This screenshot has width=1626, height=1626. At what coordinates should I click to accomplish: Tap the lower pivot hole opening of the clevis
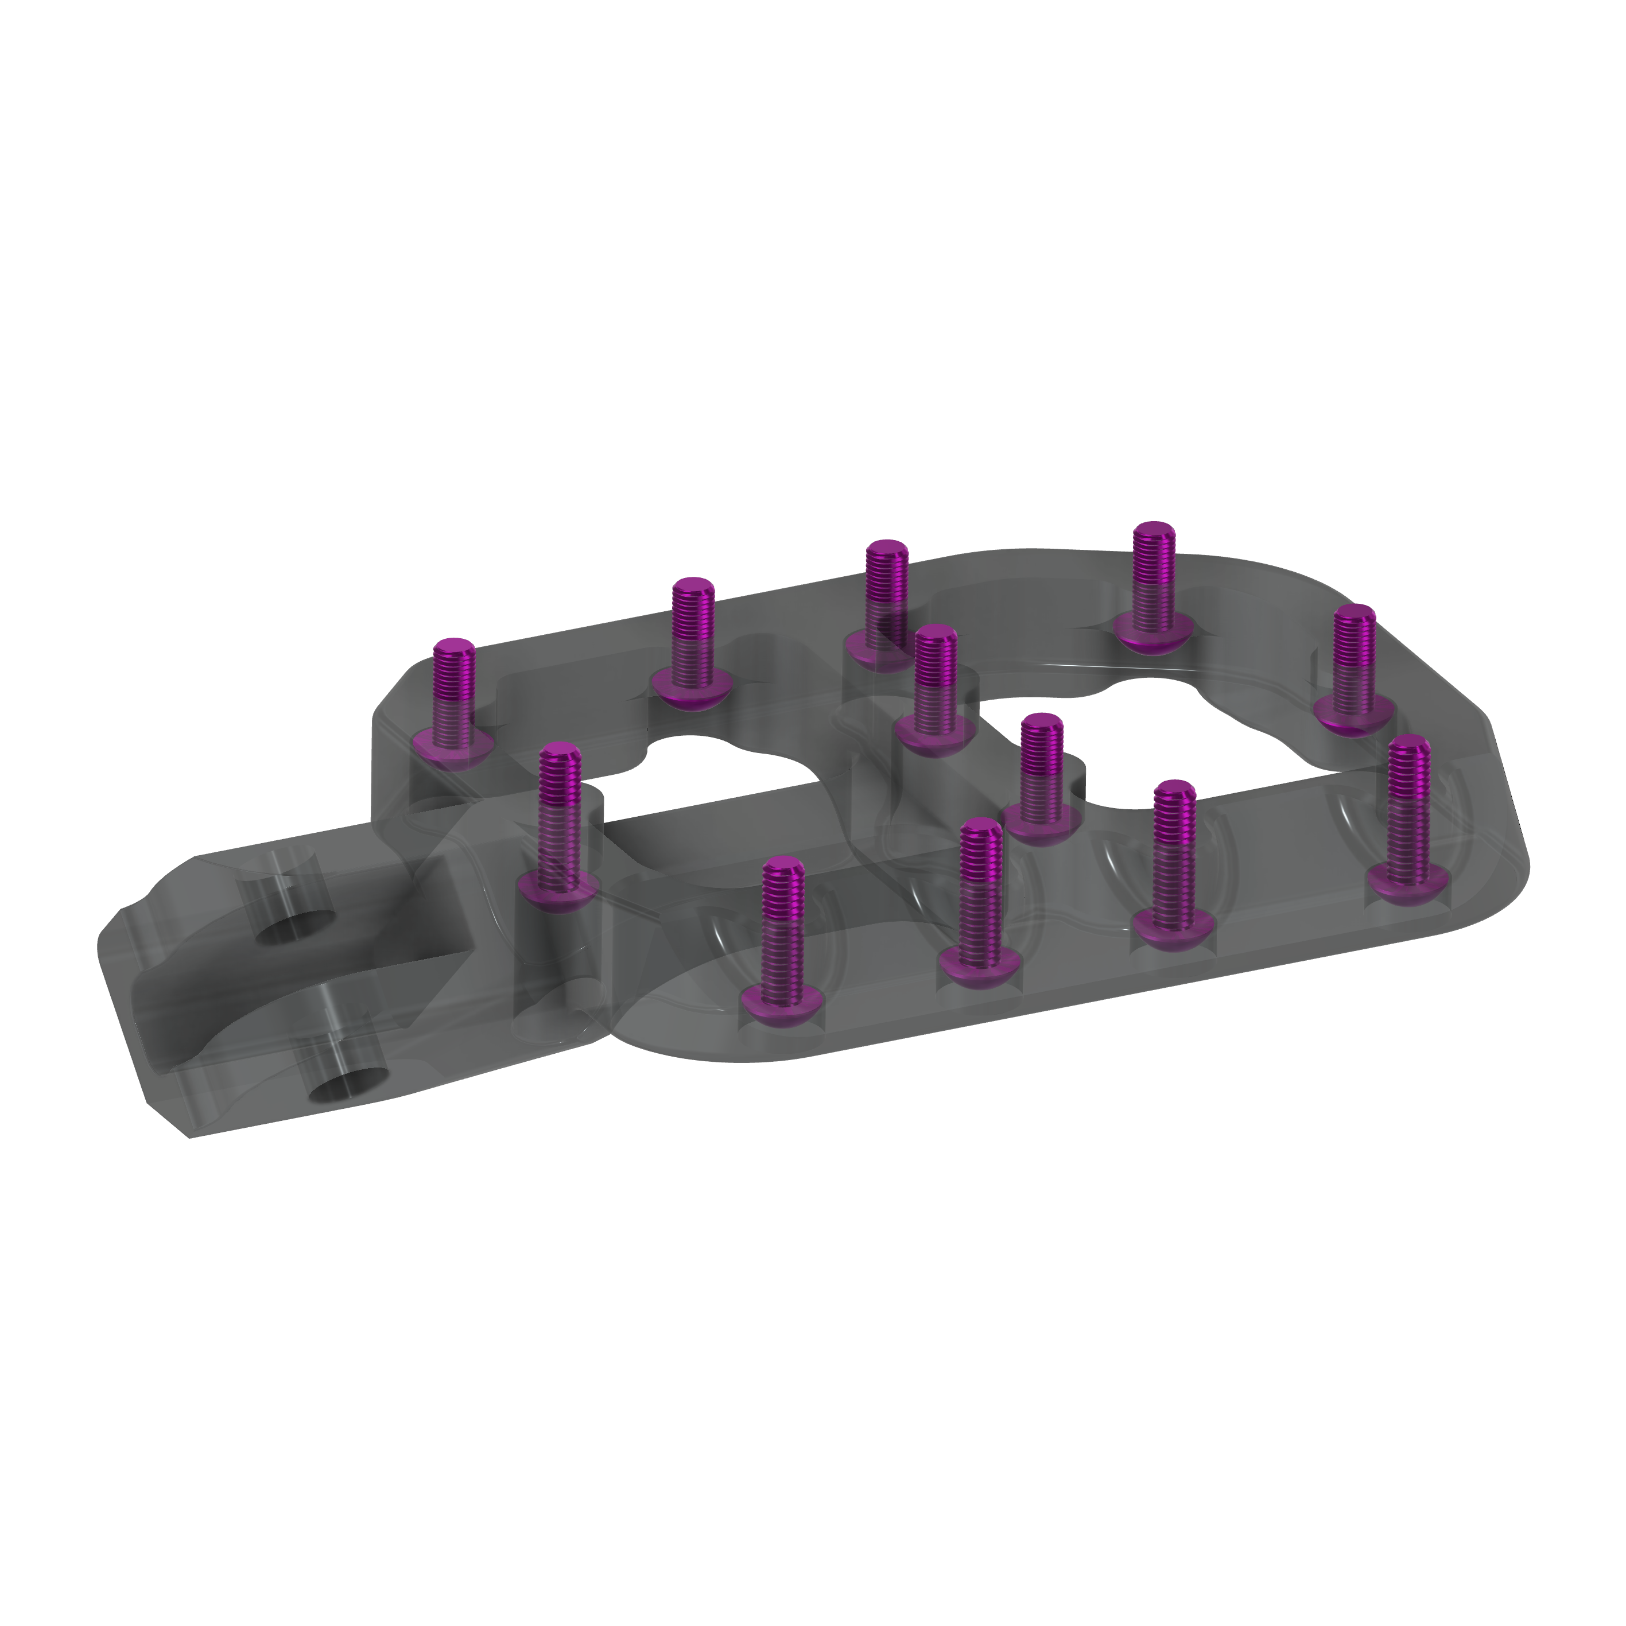348,1086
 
